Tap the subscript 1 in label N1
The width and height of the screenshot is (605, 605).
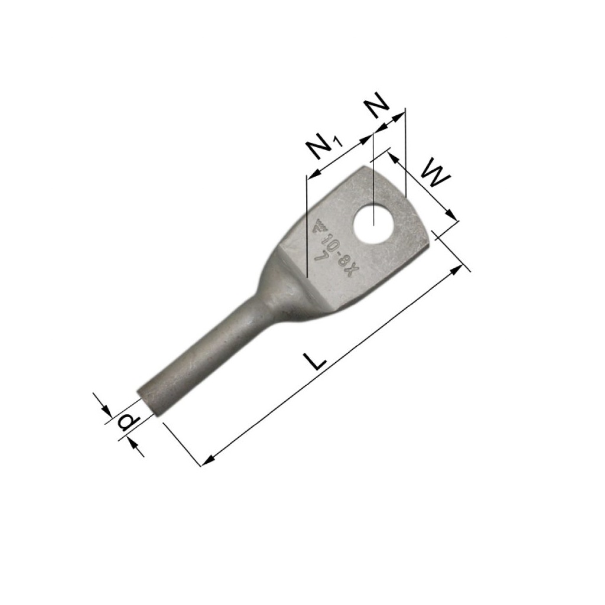[337, 142]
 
